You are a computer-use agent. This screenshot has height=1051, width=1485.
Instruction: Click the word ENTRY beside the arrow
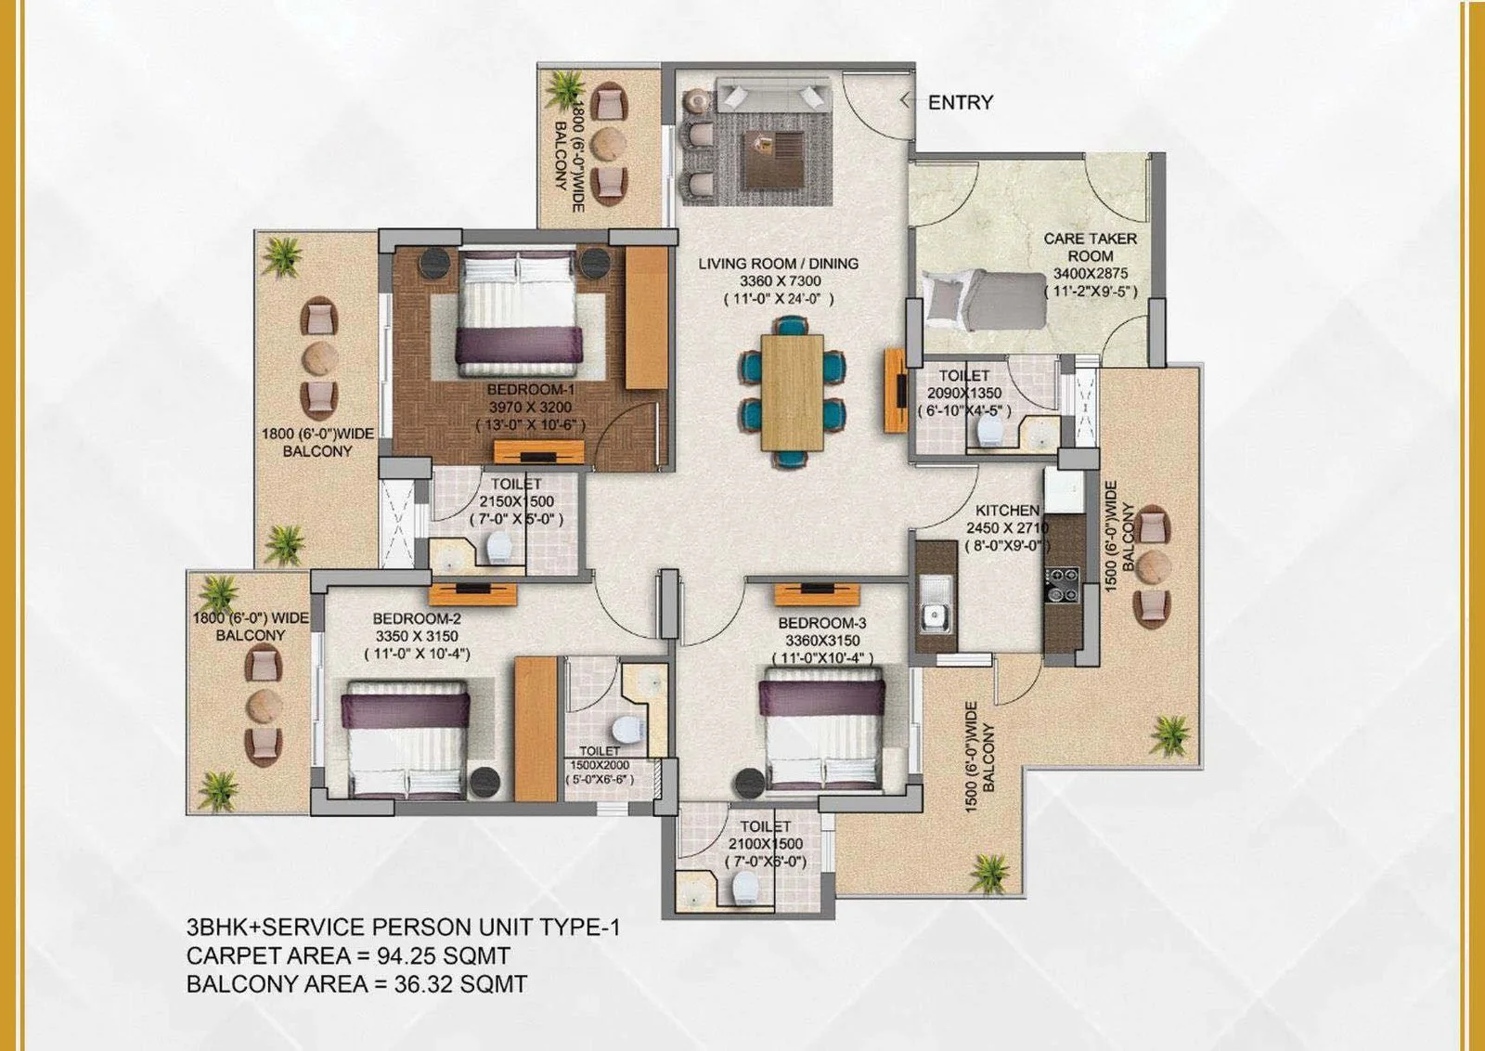click(961, 102)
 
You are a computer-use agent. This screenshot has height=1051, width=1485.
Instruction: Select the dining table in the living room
click(793, 391)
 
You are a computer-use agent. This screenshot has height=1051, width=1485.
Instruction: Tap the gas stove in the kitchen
click(1062, 584)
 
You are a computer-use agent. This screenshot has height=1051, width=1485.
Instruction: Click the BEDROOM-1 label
click(531, 389)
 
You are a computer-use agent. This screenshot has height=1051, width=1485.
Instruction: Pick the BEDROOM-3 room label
click(822, 623)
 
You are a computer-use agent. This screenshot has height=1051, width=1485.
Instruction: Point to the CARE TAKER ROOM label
click(1090, 247)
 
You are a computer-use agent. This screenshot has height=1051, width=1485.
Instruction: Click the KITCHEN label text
click(1007, 511)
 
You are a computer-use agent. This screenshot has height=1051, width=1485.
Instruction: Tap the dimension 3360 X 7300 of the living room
click(781, 281)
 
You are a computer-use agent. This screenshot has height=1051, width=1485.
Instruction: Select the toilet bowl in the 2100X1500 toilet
click(746, 887)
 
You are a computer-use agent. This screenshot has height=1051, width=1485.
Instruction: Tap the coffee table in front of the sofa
click(774, 160)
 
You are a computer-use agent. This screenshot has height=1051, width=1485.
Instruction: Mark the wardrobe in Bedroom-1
click(646, 318)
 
